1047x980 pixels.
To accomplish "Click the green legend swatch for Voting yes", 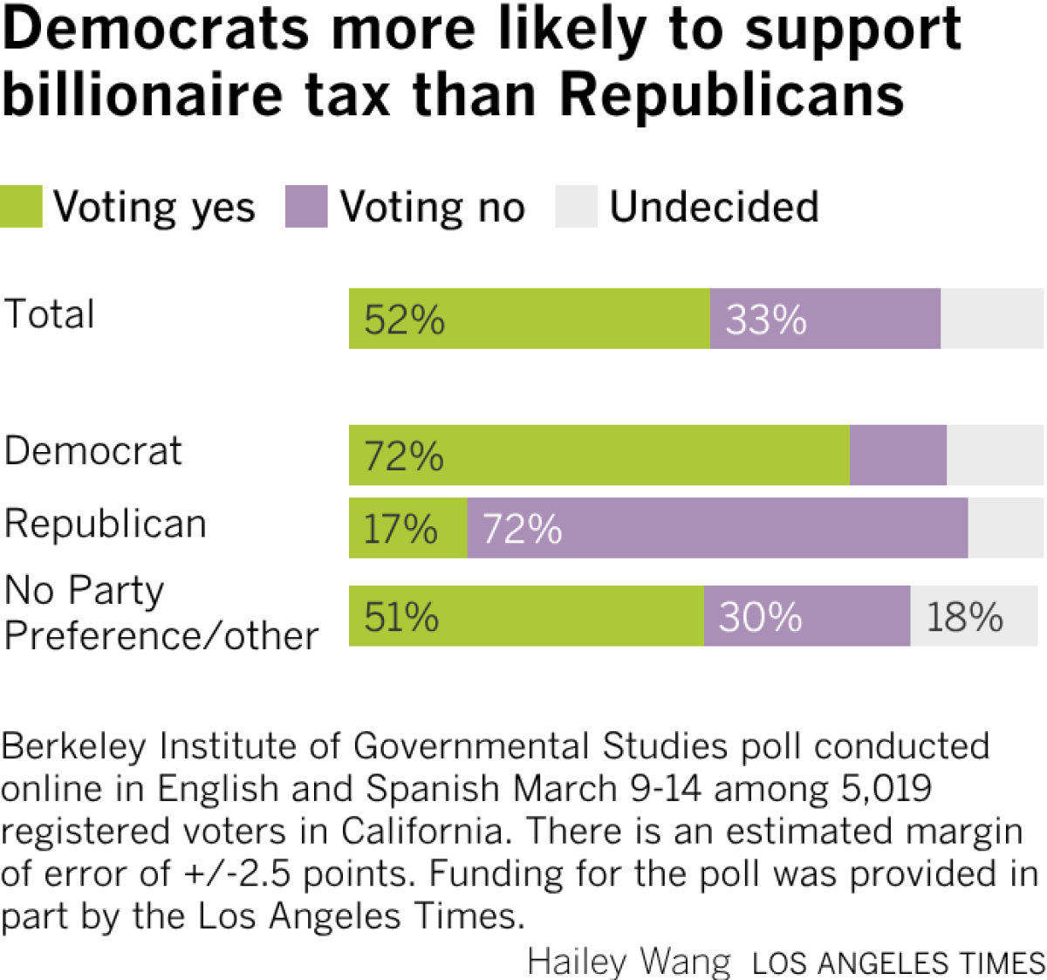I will [x=21, y=207].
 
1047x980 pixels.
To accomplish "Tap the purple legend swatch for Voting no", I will [x=306, y=207].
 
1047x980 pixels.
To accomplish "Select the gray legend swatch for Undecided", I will [x=576, y=207].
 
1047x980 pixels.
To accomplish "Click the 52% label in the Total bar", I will [x=404, y=319].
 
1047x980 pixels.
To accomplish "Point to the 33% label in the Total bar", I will [x=765, y=319].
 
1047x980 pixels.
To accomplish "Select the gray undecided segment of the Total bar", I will [x=991, y=319].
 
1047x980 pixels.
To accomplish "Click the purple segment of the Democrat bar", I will [x=898, y=456].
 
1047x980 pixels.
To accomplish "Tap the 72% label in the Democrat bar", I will [x=404, y=456].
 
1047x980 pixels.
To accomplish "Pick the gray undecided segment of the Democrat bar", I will [x=995, y=456].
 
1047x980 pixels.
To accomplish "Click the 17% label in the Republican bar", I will [x=400, y=529].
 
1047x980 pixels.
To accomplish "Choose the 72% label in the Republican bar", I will [x=522, y=529].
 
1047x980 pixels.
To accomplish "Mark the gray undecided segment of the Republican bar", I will [x=1005, y=528].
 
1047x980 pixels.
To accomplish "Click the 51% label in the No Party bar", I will [x=401, y=617].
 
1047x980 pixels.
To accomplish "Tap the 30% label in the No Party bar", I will [x=760, y=617].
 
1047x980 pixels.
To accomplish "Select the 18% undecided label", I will [x=964, y=617].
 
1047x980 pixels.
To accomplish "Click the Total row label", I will [x=50, y=314].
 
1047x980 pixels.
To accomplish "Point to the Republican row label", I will [x=105, y=524].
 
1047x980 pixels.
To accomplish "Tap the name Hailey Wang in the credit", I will [x=629, y=962].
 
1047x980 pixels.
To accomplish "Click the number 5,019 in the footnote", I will [x=886, y=789].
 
